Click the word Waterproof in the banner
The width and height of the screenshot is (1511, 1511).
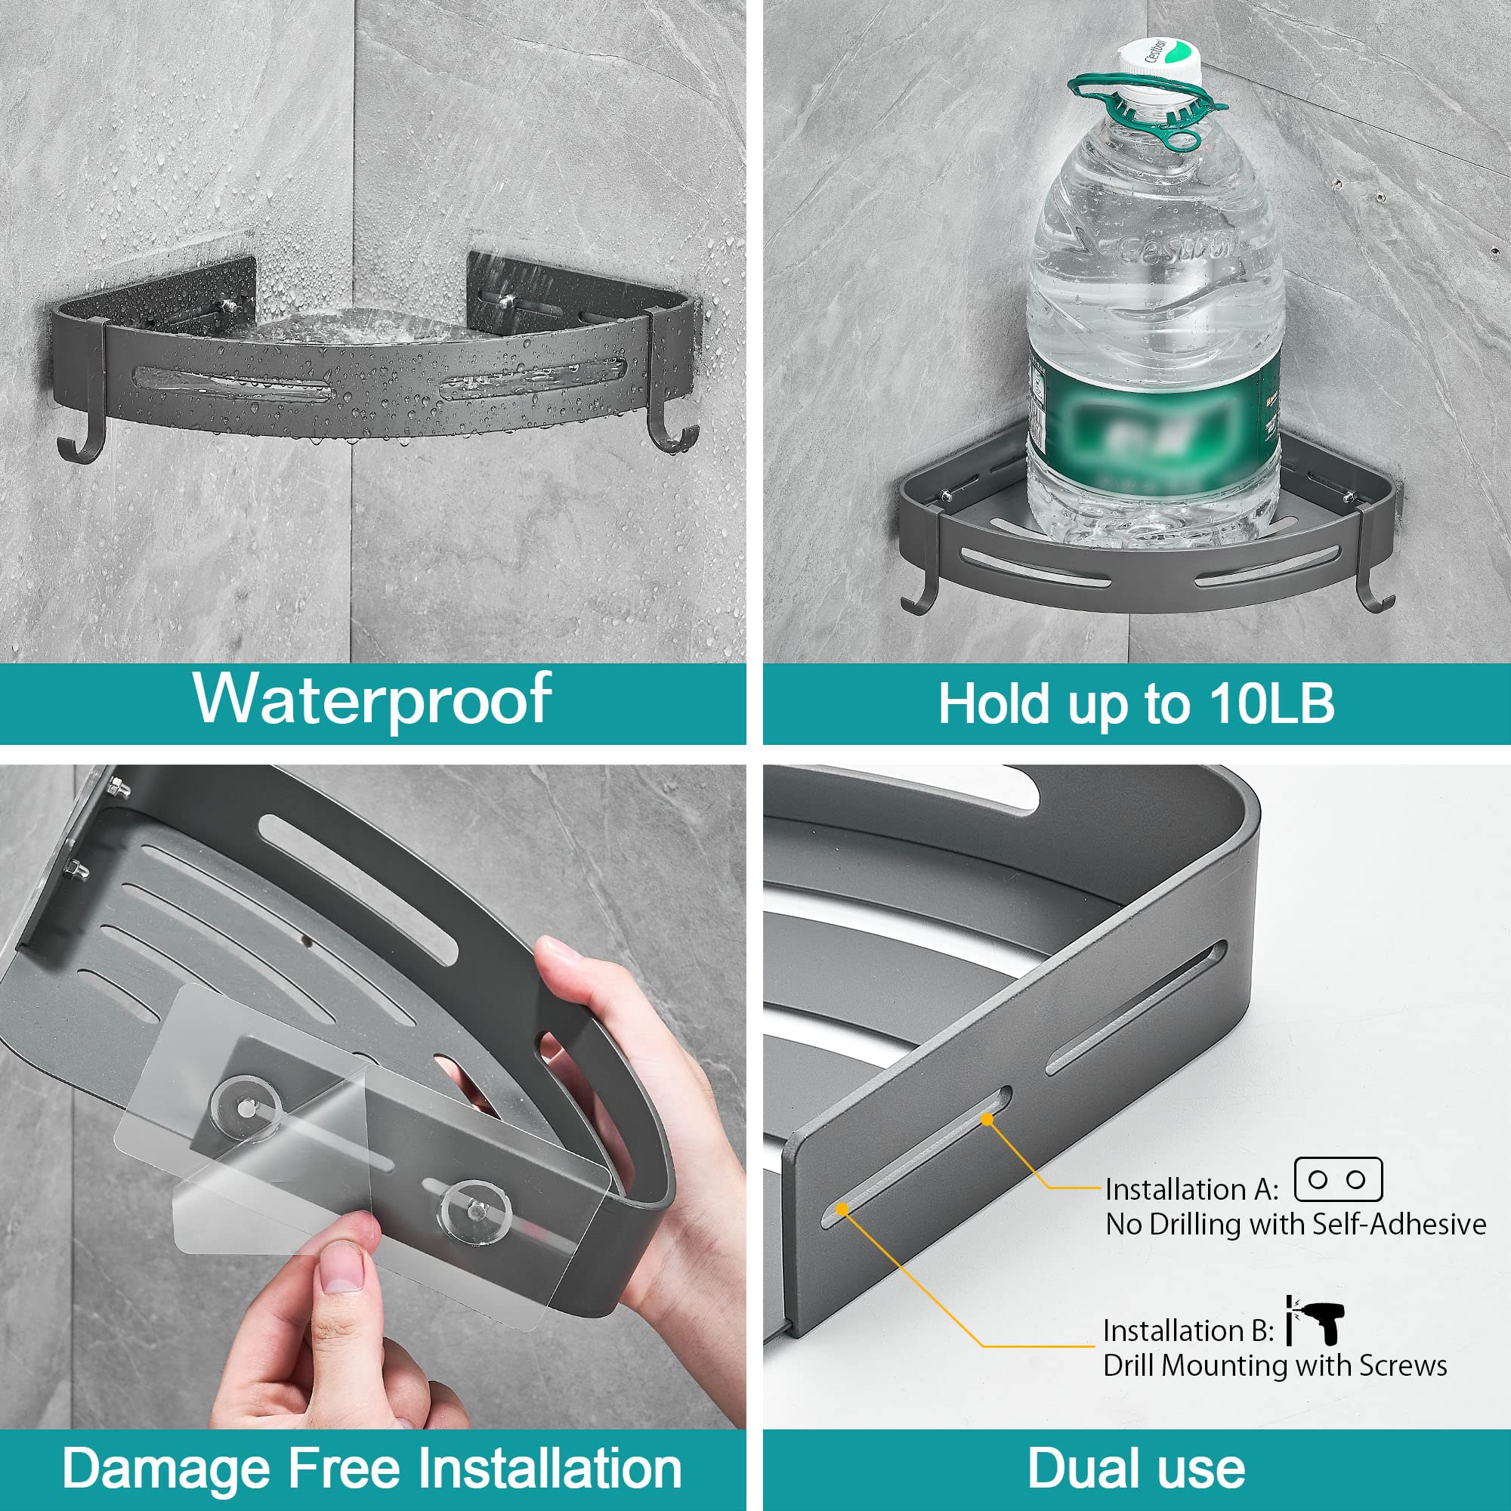[372, 698]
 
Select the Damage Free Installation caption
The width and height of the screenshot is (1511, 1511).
[372, 1468]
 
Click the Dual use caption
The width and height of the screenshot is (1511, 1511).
[1136, 1468]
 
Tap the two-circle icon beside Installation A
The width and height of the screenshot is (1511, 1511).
[1337, 1180]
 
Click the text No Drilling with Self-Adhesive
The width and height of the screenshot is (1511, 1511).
[1295, 1224]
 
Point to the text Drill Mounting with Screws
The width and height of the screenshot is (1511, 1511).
[1275, 1365]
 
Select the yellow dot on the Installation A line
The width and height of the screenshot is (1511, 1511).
[987, 1120]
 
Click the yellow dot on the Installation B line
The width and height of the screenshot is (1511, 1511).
[842, 1209]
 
